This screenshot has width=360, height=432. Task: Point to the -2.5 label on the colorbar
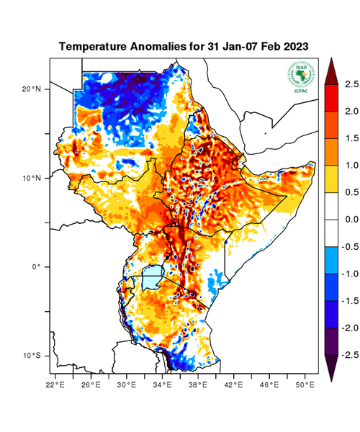[x=348, y=355]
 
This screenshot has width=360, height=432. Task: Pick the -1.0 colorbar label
[x=348, y=274]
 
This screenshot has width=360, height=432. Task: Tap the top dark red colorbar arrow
[x=331, y=70]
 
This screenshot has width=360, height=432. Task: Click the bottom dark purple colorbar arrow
[x=331, y=368]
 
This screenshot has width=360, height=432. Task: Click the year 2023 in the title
[x=294, y=47]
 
